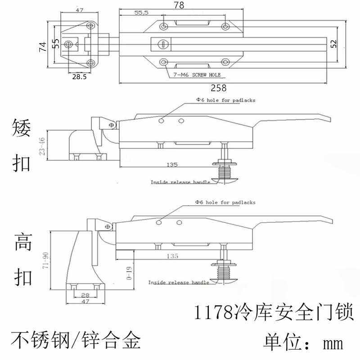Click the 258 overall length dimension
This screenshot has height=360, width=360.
[x=221, y=88]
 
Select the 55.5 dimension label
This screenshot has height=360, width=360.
[x=141, y=13]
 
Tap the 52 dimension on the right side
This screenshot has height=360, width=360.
[x=333, y=43]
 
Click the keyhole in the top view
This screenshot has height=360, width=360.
[x=163, y=44]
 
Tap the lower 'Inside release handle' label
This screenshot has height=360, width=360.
[x=179, y=282]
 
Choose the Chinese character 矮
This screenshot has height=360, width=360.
[x=21, y=130]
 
